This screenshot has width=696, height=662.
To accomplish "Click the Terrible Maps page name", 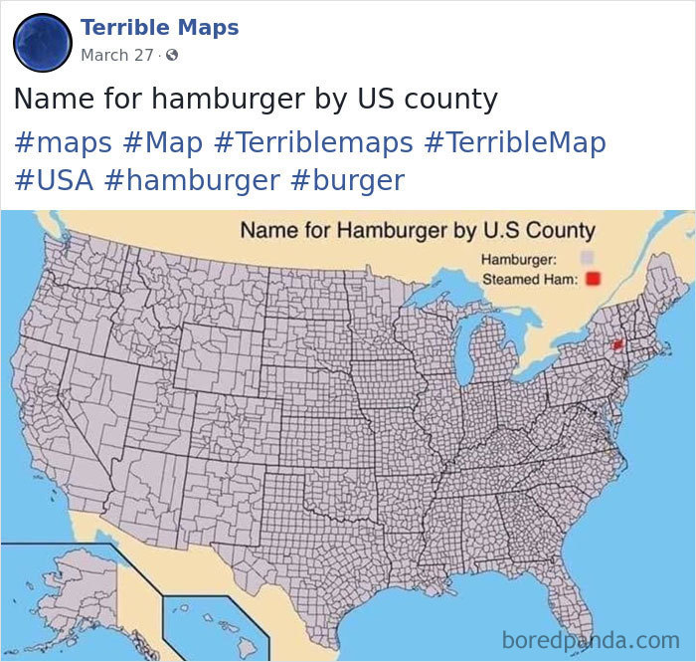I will (x=159, y=27).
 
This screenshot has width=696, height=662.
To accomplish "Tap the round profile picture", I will (x=42, y=42).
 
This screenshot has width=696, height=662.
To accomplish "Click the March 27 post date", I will (x=116, y=55).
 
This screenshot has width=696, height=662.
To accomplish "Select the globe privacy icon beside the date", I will (x=171, y=55).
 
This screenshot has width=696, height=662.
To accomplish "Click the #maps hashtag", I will (x=63, y=142).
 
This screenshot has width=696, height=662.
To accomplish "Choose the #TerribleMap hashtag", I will (x=514, y=142).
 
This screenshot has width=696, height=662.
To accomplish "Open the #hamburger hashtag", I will (x=191, y=180).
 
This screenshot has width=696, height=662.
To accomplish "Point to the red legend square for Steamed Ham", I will (x=594, y=279).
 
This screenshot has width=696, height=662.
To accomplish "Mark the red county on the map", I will (x=616, y=345).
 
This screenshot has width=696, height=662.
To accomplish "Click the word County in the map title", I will (x=560, y=230).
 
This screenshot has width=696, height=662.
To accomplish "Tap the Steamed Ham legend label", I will (x=529, y=280).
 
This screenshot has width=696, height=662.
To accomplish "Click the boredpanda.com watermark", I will (x=591, y=638).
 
